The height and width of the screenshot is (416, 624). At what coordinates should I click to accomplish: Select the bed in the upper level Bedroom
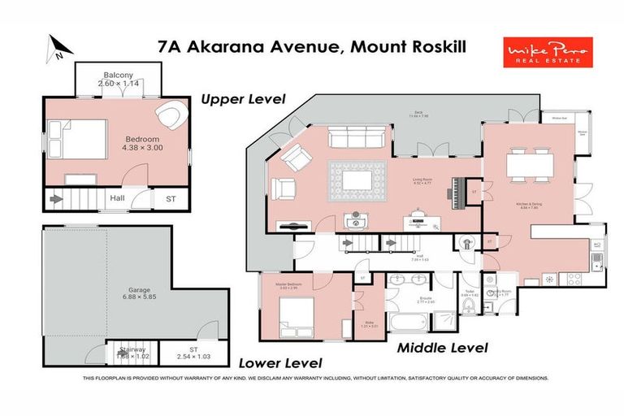click(76, 143)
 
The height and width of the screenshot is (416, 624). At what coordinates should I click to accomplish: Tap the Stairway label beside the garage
click(130, 351)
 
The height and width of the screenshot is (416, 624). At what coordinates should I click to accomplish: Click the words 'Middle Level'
click(442, 348)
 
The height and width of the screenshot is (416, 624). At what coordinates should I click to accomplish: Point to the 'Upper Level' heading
click(243, 99)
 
